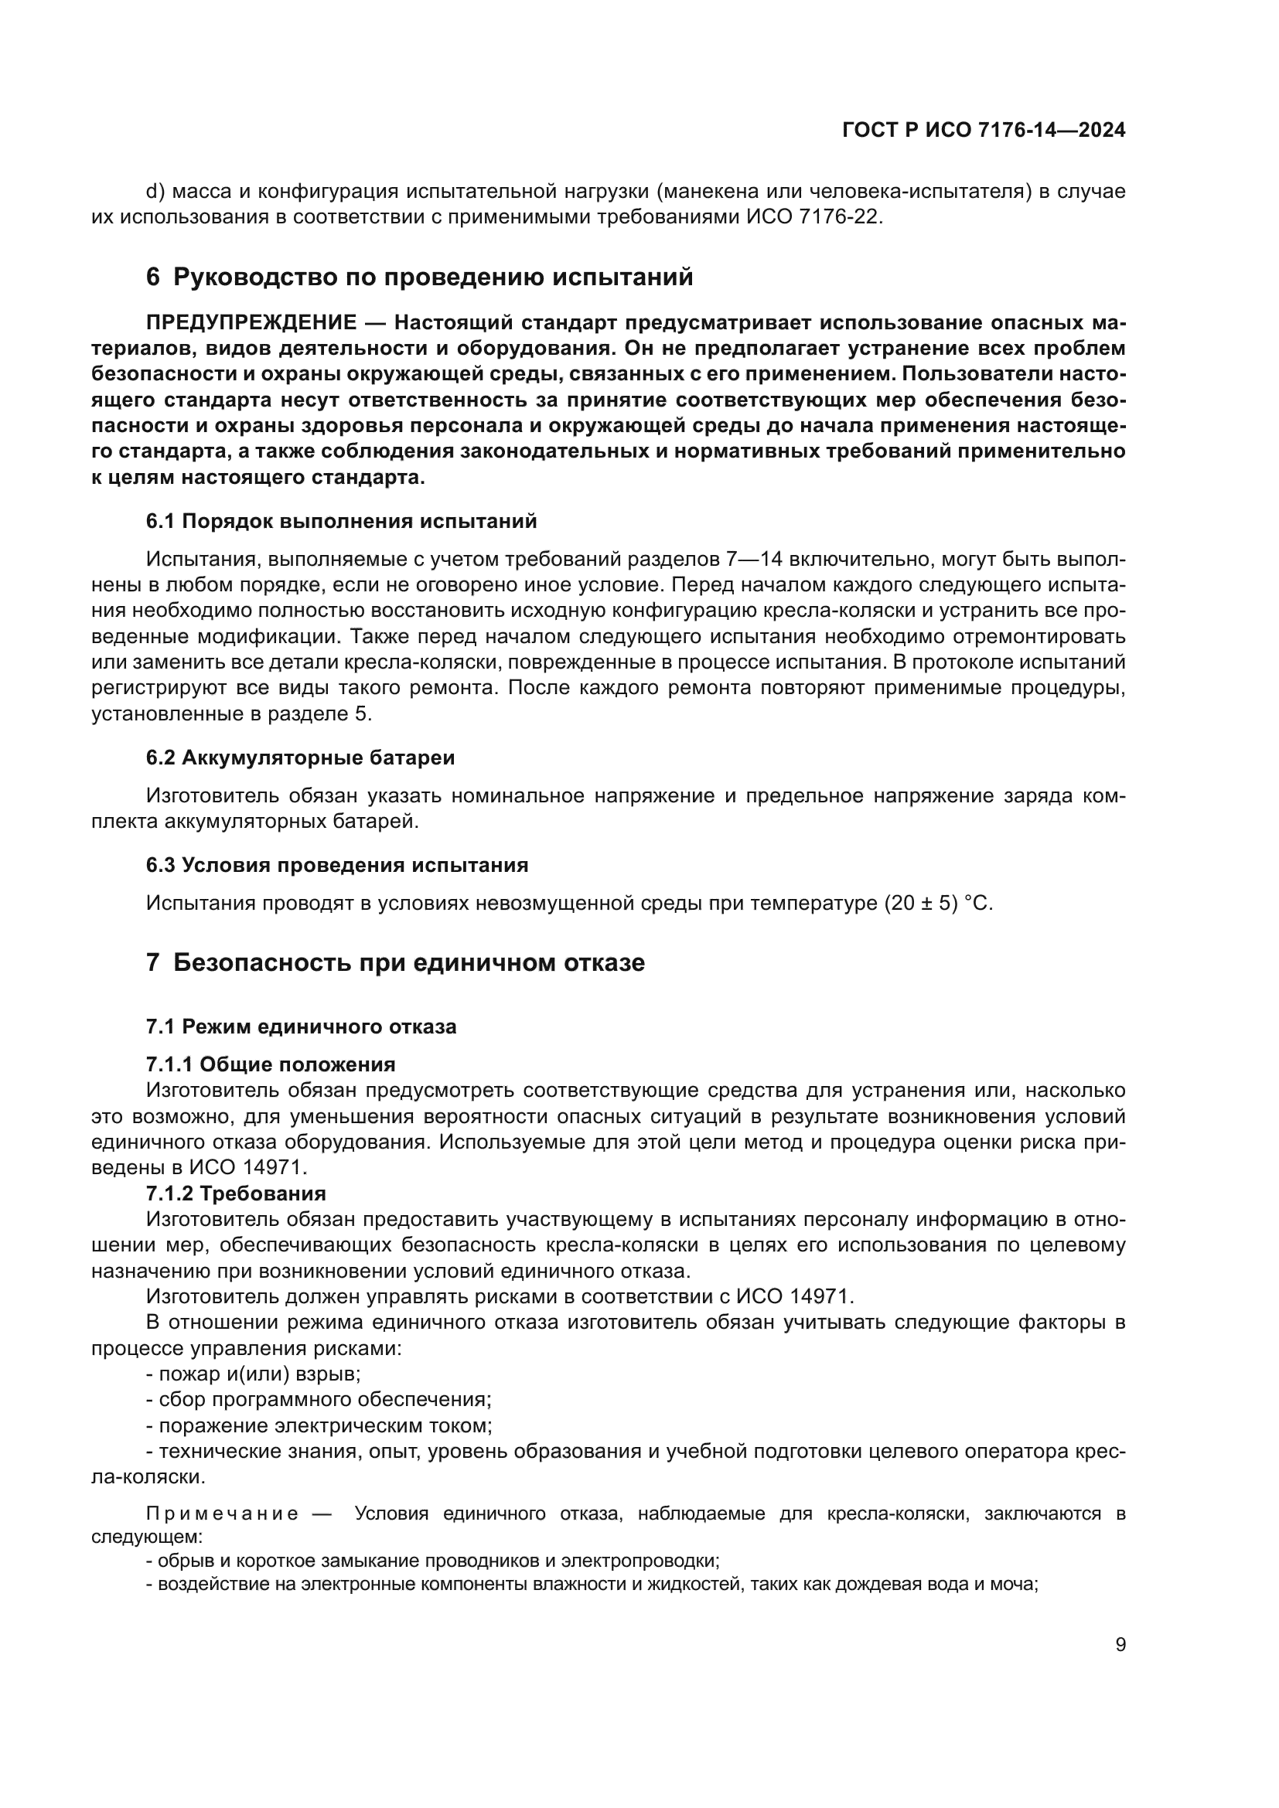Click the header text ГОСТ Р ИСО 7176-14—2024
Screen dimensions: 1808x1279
tap(983, 131)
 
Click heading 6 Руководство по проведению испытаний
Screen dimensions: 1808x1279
tap(419, 277)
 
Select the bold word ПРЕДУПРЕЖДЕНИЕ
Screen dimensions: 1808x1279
tap(251, 323)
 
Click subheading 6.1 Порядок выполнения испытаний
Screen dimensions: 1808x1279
tap(341, 521)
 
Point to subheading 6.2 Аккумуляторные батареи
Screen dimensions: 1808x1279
tap(300, 758)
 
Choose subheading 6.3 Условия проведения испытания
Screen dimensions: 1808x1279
tap(336, 866)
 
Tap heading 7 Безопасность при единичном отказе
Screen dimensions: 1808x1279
tap(394, 963)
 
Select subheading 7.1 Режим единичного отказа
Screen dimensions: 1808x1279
tap(301, 1027)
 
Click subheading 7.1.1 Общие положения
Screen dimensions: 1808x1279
tap(270, 1064)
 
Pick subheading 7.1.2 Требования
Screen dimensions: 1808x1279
tap(236, 1193)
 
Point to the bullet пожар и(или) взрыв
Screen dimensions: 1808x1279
tap(254, 1374)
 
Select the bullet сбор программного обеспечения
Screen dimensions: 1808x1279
tap(319, 1400)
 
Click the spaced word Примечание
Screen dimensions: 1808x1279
tap(222, 1514)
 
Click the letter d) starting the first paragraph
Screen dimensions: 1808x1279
tap(155, 192)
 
